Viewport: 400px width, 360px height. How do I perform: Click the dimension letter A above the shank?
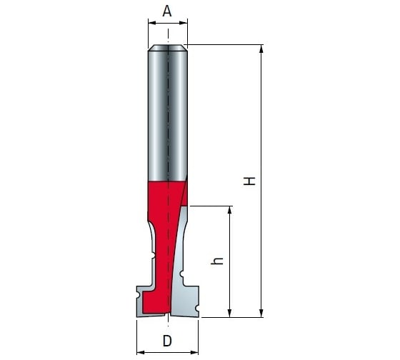[x=167, y=11]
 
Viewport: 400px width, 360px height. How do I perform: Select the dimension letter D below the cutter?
[x=167, y=341]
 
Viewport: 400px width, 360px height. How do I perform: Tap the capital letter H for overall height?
[x=249, y=181]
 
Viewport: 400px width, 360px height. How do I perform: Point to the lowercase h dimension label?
[x=217, y=261]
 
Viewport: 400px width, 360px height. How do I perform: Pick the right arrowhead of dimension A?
[x=184, y=23]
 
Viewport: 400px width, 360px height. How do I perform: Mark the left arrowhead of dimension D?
[x=141, y=353]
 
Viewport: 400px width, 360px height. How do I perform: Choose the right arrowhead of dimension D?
[x=194, y=353]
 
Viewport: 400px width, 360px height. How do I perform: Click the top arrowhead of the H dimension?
[x=261, y=49]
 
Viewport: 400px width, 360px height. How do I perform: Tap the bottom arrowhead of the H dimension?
[x=261, y=314]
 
